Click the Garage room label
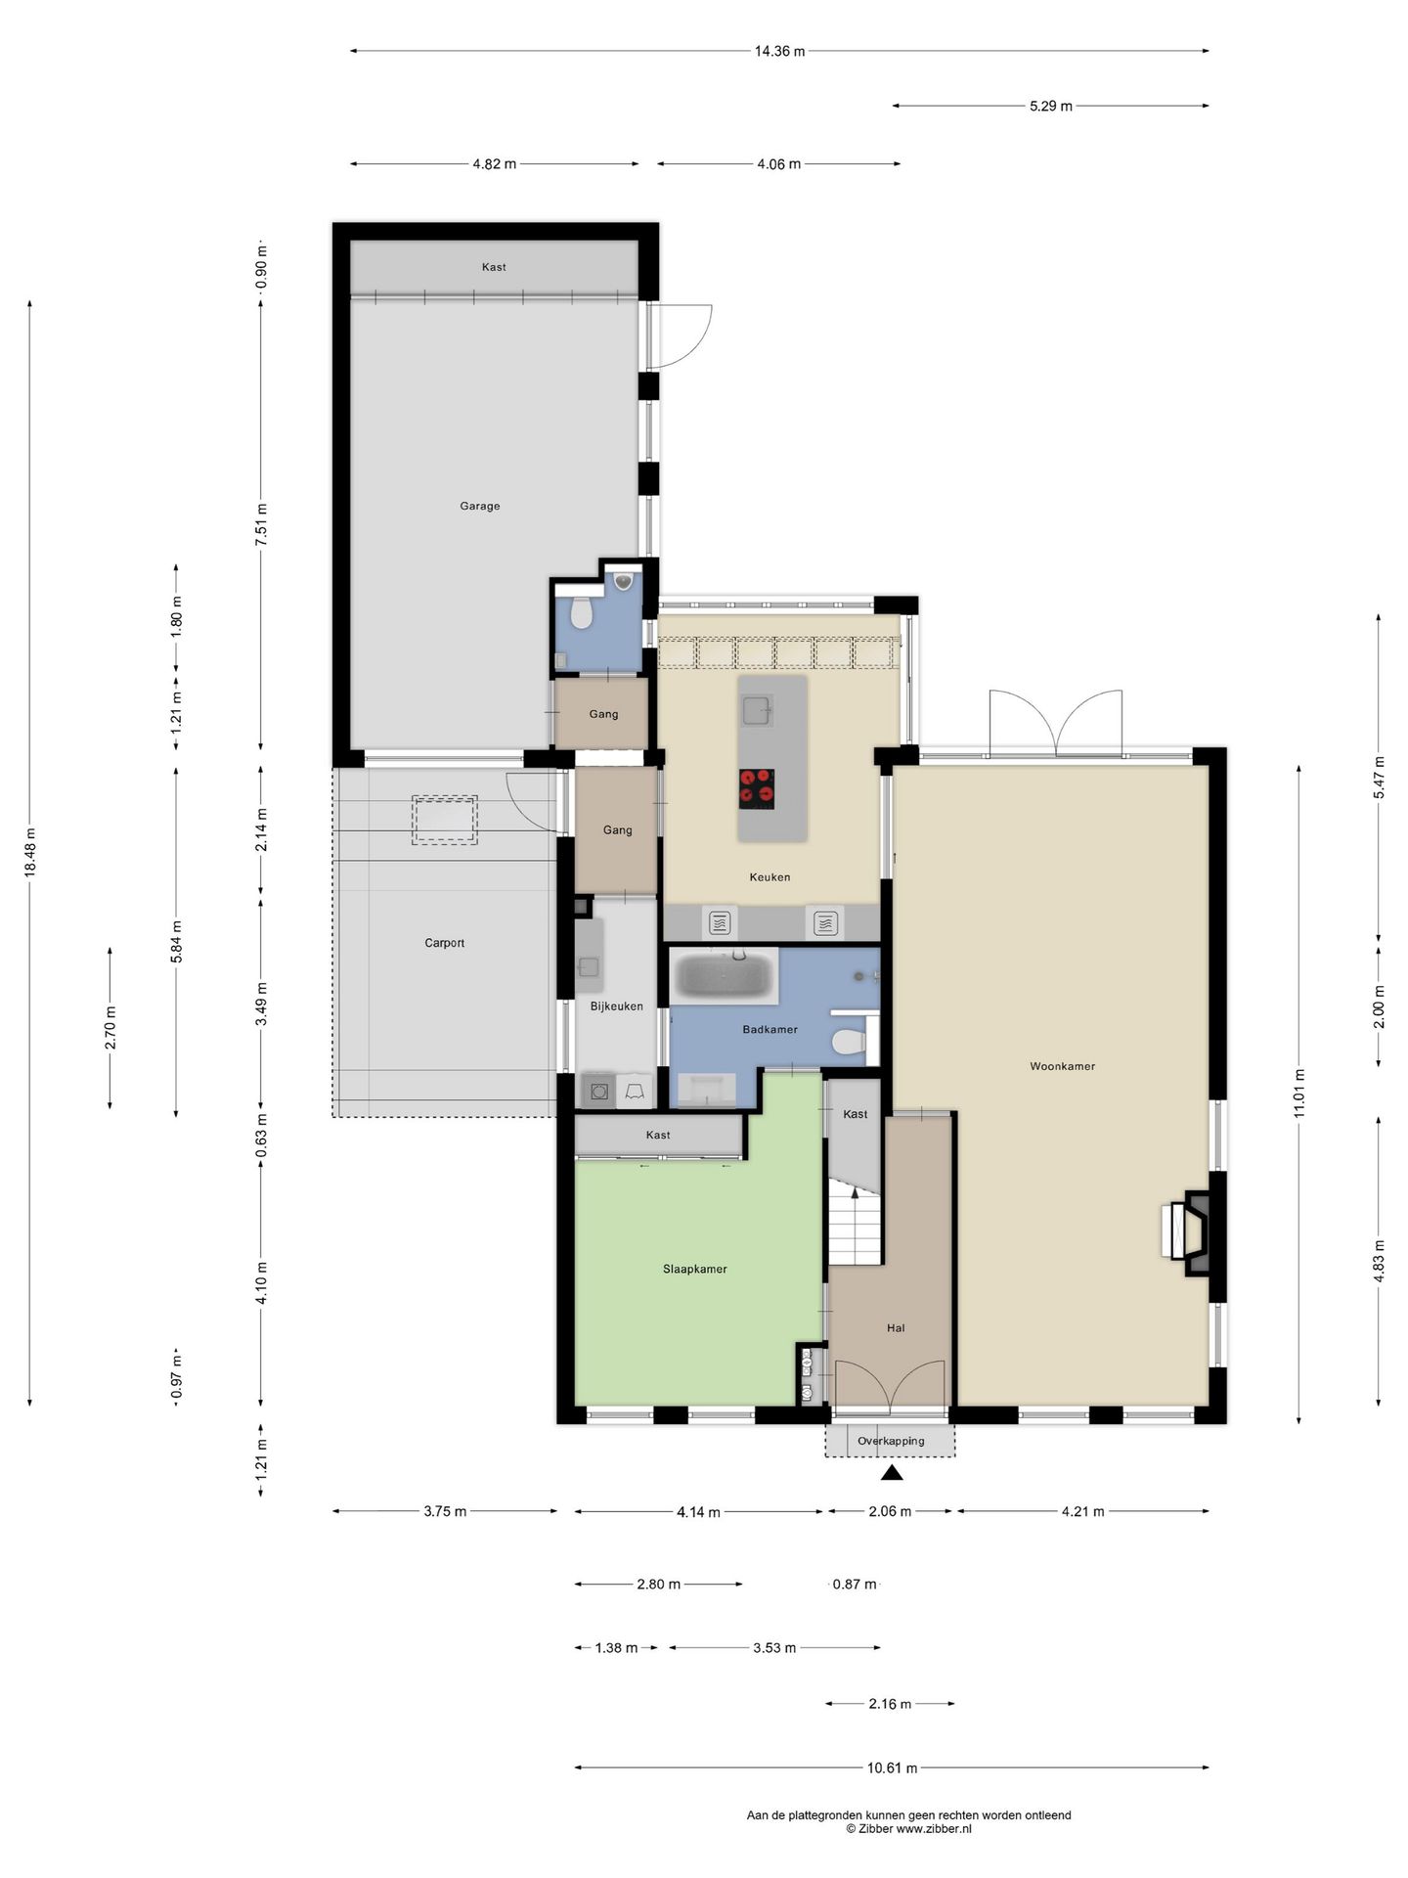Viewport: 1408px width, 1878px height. click(479, 506)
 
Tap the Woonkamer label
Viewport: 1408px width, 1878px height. click(1062, 1066)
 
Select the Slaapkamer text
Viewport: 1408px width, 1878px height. click(694, 1269)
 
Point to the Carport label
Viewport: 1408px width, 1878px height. click(444, 943)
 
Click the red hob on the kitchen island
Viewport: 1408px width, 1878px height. click(757, 788)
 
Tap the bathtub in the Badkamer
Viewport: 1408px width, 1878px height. click(725, 976)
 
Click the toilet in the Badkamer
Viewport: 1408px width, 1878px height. click(850, 1041)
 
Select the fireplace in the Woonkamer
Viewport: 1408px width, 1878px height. click(1187, 1231)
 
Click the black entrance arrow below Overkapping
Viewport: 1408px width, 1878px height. click(892, 1471)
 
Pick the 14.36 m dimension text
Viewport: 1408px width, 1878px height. click(779, 51)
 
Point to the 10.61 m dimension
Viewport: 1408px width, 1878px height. click(892, 1767)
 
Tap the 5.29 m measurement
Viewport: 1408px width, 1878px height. click(1050, 106)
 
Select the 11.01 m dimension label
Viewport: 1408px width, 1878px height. click(1298, 1094)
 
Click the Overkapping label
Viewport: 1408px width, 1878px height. click(891, 1441)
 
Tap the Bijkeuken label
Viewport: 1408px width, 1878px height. click(616, 1006)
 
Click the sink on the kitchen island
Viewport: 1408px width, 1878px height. click(757, 710)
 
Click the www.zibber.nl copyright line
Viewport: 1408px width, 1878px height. click(908, 1828)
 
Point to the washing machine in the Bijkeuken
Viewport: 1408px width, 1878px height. click(598, 1091)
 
